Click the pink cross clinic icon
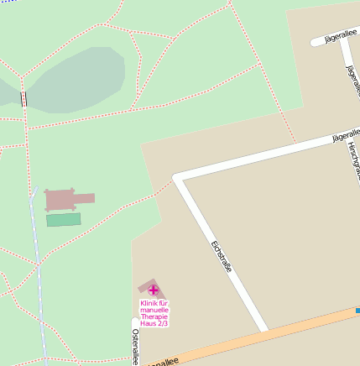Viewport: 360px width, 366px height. click(153, 290)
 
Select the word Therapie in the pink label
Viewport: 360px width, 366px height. click(154, 316)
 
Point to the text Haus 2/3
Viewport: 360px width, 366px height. click(154, 322)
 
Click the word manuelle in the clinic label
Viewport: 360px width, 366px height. click(154, 309)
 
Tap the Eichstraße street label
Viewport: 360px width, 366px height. click(221, 257)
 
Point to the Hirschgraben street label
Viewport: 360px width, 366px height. click(352, 159)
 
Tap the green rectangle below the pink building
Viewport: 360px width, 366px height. click(64, 219)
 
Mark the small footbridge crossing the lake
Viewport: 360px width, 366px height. click(23, 99)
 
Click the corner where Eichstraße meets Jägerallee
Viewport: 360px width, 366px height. click(177, 178)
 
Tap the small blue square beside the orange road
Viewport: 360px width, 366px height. click(357, 311)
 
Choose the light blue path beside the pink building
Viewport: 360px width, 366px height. click(38, 252)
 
